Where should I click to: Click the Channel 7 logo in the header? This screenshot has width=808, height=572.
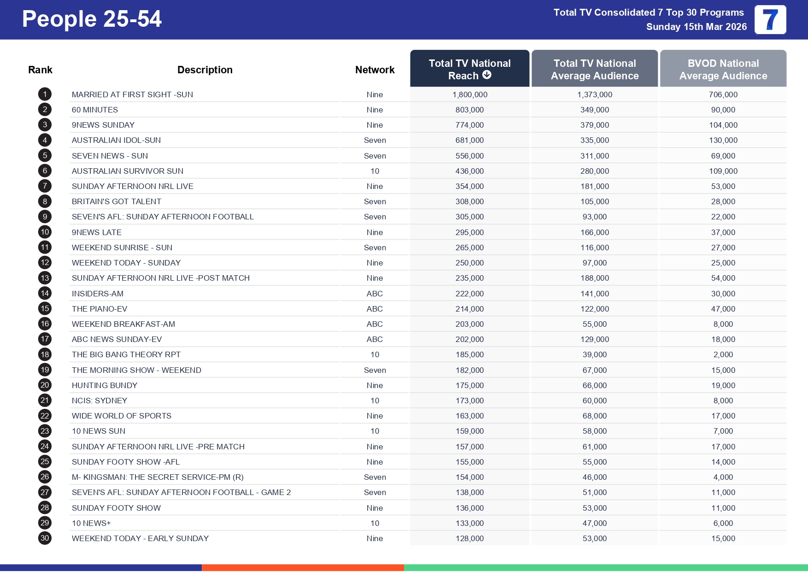pyautogui.click(x=770, y=20)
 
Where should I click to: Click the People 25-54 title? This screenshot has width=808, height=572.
pyautogui.click(x=92, y=19)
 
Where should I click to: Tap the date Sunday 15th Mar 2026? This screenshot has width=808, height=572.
pyautogui.click(x=696, y=27)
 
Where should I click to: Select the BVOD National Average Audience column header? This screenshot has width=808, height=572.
pyautogui.click(x=723, y=69)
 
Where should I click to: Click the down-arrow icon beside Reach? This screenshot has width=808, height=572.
pyautogui.click(x=487, y=75)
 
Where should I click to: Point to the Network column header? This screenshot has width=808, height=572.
pyautogui.click(x=375, y=70)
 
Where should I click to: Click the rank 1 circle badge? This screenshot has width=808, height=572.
pyautogui.click(x=45, y=94)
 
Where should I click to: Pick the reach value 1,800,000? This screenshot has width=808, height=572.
pyautogui.click(x=469, y=94)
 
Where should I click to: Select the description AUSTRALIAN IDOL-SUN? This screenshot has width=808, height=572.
pyautogui.click(x=116, y=140)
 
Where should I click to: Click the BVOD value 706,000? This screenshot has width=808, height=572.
pyautogui.click(x=723, y=94)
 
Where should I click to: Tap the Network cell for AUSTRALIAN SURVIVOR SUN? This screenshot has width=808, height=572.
pyautogui.click(x=375, y=171)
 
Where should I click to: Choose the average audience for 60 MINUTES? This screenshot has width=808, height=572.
pyautogui.click(x=594, y=110)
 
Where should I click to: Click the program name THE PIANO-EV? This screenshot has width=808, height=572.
pyautogui.click(x=100, y=309)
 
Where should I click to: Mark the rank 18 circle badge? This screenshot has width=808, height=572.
pyautogui.click(x=45, y=354)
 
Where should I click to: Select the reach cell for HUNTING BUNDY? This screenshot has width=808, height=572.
pyautogui.click(x=469, y=385)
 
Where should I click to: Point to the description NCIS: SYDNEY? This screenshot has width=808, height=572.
pyautogui.click(x=100, y=401)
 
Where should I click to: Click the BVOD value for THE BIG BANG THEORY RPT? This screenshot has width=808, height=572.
pyautogui.click(x=723, y=354)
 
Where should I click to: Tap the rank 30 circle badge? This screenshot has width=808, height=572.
pyautogui.click(x=45, y=538)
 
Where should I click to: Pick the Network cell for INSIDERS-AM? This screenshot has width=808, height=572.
pyautogui.click(x=375, y=294)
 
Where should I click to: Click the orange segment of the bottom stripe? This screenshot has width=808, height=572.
pyautogui.click(x=303, y=567)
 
